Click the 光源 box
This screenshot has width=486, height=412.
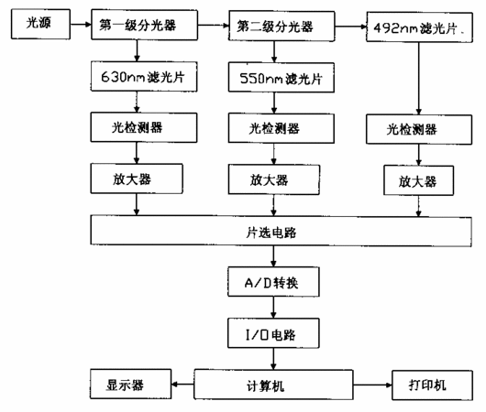pos(40,24)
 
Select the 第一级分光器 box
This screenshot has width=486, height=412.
pos(145,25)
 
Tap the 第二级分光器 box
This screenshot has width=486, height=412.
pos(282,26)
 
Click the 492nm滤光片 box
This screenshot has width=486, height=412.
pos(419,27)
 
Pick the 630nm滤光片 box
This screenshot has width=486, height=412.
pos(144,77)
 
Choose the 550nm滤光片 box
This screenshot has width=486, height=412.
pos(282,78)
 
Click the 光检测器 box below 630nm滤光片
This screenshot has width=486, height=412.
pos(144,127)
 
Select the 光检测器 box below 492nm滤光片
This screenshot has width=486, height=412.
pos(419,129)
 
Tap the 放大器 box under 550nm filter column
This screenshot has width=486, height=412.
pos(274,179)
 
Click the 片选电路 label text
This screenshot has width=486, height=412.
pos(271,233)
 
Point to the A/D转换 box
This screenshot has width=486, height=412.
pos(273,282)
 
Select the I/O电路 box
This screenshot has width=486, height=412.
pos(273,333)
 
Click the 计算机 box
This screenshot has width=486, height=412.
pos(273,385)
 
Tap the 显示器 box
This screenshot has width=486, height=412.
pos(131,384)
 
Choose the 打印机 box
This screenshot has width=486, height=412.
pos(433,385)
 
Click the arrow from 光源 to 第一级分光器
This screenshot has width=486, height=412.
pos(81,25)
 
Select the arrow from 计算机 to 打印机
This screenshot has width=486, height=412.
pos(372,385)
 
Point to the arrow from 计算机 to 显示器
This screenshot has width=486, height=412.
pos(182,385)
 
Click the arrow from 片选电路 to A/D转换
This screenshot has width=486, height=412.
pos(273,256)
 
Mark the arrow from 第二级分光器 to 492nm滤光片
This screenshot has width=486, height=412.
pos(350,27)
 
